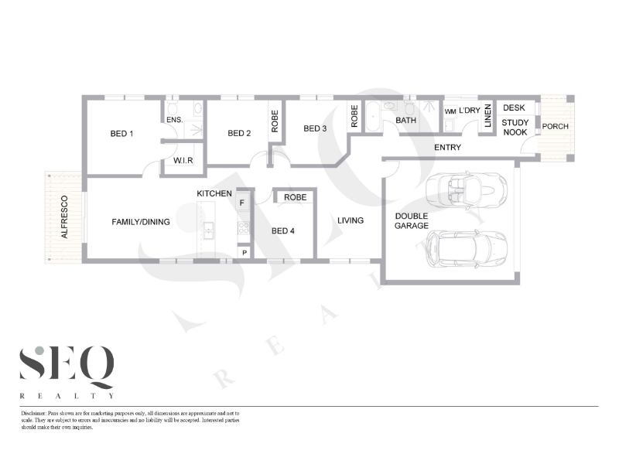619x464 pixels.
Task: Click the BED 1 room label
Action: pyautogui.click(x=121, y=134)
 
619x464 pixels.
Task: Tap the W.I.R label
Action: pyautogui.click(x=183, y=161)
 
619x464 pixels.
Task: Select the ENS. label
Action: pyautogui.click(x=175, y=120)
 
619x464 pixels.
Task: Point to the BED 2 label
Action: pyautogui.click(x=239, y=133)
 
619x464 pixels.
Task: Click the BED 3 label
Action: pyautogui.click(x=315, y=128)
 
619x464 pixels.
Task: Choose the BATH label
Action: pyautogui.click(x=405, y=120)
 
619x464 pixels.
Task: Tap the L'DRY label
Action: pyautogui.click(x=470, y=111)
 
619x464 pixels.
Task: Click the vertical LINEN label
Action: pyautogui.click(x=488, y=115)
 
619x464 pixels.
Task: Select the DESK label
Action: pyautogui.click(x=514, y=107)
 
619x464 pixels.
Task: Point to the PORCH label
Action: pyautogui.click(x=555, y=126)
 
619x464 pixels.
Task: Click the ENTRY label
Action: pyautogui.click(x=448, y=147)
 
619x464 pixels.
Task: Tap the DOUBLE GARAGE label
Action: pyautogui.click(x=412, y=221)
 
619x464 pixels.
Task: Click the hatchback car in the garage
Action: pyautogui.click(x=466, y=250)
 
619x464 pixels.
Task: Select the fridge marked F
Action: pyautogui.click(x=242, y=203)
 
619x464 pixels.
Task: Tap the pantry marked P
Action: pyautogui.click(x=245, y=253)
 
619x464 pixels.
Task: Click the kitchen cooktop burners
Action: pyautogui.click(x=244, y=227)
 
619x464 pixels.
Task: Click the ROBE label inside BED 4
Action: pyautogui.click(x=296, y=197)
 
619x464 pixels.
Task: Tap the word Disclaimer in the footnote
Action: pyautogui.click(x=33, y=414)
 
